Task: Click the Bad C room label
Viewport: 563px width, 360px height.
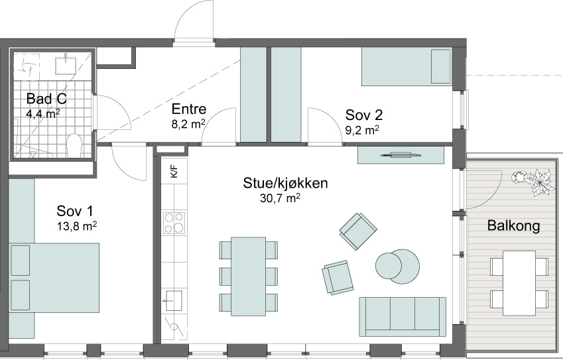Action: (x=46, y=99)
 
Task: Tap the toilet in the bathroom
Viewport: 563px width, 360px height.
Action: (x=75, y=145)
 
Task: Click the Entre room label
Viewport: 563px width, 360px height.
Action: (x=188, y=109)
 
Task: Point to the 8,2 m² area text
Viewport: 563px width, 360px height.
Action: (x=188, y=124)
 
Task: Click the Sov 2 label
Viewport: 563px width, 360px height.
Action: (x=363, y=115)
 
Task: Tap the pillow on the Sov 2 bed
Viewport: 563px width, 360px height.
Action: (x=440, y=66)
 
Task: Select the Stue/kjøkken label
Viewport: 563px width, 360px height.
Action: (x=285, y=183)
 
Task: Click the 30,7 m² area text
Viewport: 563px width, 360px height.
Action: (x=280, y=198)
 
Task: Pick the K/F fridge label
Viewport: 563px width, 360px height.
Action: (x=174, y=171)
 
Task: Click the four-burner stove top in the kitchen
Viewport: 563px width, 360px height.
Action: (x=174, y=223)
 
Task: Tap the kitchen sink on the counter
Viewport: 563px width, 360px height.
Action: (x=173, y=300)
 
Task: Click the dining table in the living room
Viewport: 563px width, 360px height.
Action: (x=249, y=276)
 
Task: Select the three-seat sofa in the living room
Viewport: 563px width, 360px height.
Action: (x=403, y=316)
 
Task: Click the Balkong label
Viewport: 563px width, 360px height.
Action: (x=513, y=226)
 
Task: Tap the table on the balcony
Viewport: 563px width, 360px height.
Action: (x=519, y=283)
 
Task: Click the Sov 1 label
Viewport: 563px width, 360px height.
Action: (x=75, y=211)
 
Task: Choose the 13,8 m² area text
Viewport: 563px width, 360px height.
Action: (x=77, y=226)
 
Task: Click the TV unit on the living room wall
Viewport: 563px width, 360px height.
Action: (x=401, y=155)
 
